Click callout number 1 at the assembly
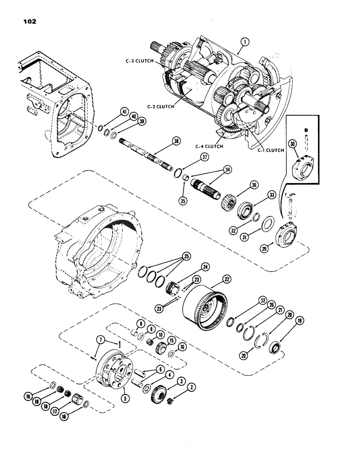[245, 42]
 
